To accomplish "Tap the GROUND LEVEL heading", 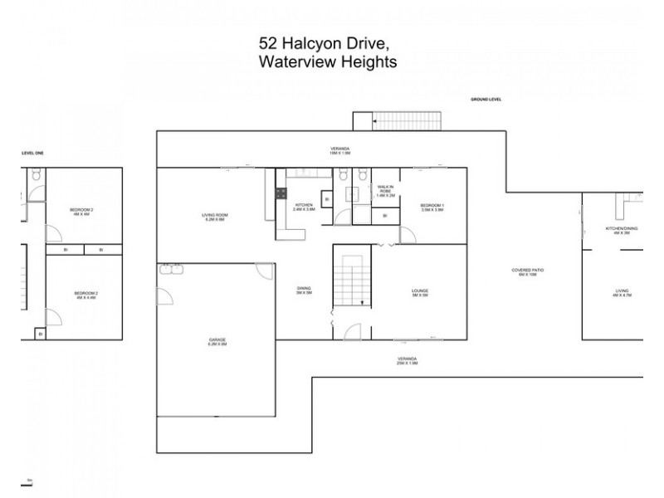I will click(486, 100).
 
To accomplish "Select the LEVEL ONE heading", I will click(32, 153).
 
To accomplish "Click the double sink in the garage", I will click(172, 269).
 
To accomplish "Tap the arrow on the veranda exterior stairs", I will click(376, 121).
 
